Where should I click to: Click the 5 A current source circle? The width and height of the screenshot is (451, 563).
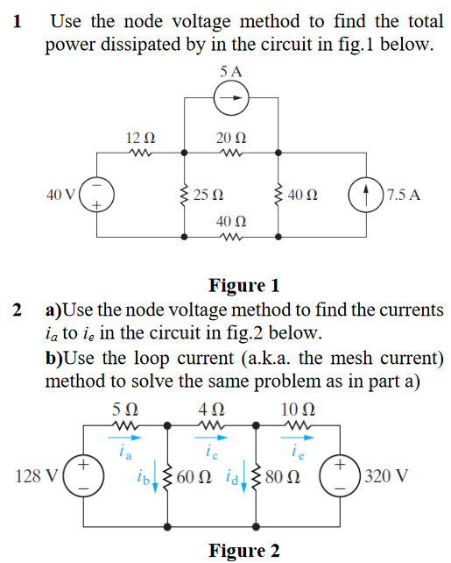point(230,98)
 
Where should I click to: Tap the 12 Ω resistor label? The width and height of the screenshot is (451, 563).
point(140,137)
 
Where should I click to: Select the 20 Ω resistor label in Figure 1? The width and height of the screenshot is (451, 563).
point(230,137)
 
